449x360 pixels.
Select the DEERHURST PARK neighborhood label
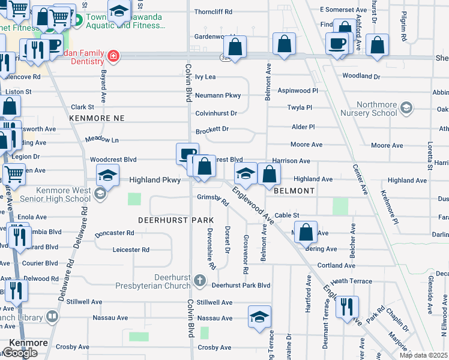pyautogui.click(x=176, y=220)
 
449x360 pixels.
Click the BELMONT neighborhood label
pyautogui.click(x=294, y=191)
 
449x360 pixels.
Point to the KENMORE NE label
pyautogui.click(x=97, y=118)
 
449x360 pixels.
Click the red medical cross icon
pyautogui.click(x=113, y=57)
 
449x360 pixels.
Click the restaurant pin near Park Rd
pyautogui.click(x=347, y=307)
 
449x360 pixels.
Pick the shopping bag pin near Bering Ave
pyautogui.click(x=306, y=232)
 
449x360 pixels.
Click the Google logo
pyautogui.click(x=20, y=353)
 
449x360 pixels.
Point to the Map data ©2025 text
pyautogui.click(x=423, y=355)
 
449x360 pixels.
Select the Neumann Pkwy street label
pyautogui.click(x=218, y=95)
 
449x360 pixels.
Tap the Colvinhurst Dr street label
pyautogui.click(x=216, y=113)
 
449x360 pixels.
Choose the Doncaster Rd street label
pyautogui.click(x=114, y=233)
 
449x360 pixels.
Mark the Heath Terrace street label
pyautogui.click(x=351, y=281)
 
